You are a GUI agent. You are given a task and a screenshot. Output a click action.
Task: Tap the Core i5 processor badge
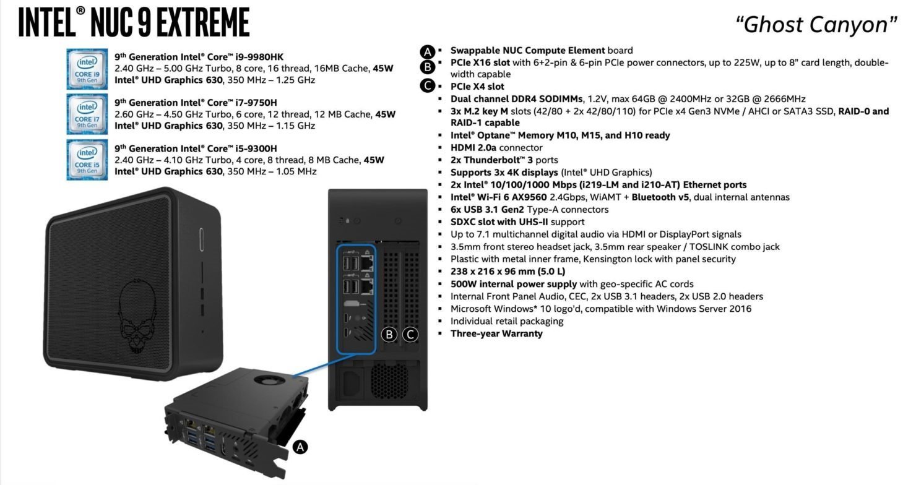[87, 160]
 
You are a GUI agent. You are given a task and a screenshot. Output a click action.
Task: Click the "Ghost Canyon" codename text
[816, 25]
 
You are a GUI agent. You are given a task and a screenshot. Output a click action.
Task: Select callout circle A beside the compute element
[300, 447]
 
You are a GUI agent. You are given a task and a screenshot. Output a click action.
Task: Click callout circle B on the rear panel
[389, 335]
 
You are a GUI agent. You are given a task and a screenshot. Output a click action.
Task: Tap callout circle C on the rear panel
[410, 335]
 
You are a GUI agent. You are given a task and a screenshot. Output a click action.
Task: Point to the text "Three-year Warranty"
[496, 333]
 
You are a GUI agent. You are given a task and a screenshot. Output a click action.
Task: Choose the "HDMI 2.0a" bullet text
[473, 148]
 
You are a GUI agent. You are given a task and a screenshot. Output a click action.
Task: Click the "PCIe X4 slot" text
[477, 87]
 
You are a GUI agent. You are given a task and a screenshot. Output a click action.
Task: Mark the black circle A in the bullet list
[426, 51]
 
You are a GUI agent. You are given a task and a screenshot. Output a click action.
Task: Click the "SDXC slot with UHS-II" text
[499, 222]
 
